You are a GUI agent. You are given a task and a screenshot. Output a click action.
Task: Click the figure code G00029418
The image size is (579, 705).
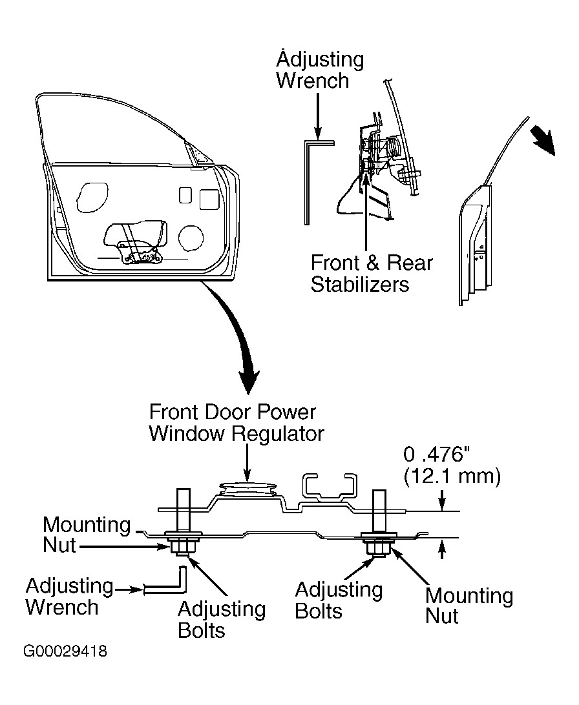(x=65, y=651)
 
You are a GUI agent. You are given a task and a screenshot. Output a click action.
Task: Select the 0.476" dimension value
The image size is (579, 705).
(x=437, y=454)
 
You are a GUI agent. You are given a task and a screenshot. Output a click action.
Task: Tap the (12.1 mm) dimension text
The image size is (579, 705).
(x=452, y=476)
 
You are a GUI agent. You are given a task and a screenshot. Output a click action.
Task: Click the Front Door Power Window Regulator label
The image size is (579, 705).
(x=237, y=423)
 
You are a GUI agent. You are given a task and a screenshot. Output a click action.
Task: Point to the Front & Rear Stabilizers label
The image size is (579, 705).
(x=372, y=273)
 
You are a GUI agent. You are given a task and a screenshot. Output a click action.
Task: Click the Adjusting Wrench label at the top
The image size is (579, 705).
(x=320, y=70)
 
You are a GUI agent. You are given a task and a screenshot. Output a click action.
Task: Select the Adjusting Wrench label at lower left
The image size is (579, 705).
(x=70, y=596)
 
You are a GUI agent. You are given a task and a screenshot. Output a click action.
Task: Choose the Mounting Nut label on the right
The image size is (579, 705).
(x=469, y=605)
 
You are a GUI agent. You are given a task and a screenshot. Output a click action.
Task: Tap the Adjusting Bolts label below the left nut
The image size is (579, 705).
(x=222, y=620)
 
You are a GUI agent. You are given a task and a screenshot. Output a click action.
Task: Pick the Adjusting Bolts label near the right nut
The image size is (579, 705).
(x=339, y=600)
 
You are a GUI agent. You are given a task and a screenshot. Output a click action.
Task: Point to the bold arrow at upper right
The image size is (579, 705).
(x=543, y=140)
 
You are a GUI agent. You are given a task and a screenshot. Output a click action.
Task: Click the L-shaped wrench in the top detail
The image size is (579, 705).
(x=308, y=180)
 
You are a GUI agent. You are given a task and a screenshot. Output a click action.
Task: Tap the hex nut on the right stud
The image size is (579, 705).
(x=379, y=547)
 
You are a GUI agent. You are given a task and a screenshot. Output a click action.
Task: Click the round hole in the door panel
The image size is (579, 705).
(x=190, y=238)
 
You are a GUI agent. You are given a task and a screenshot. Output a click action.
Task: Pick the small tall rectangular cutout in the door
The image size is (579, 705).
(x=185, y=195)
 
